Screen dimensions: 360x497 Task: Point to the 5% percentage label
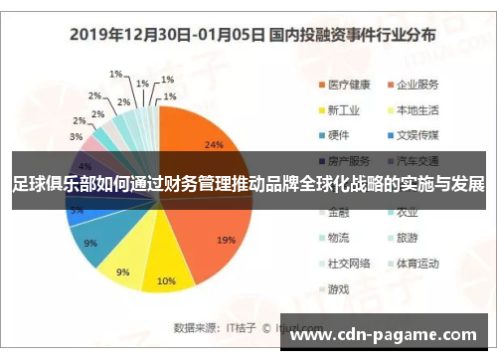point(77,210)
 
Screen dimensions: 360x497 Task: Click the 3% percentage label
point(77,136)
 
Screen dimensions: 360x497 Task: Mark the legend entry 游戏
point(340,289)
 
